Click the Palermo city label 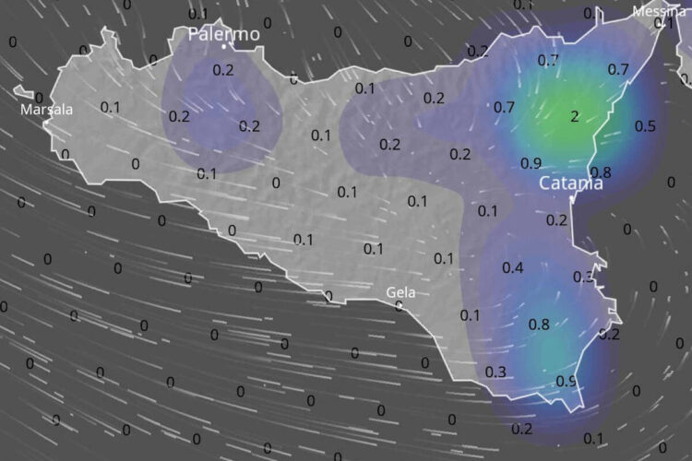(x=223, y=34)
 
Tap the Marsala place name (x=47, y=110)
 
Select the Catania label (x=571, y=183)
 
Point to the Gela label (x=400, y=292)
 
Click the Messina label (x=659, y=11)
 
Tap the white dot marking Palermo (x=234, y=44)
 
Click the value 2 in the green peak (x=575, y=116)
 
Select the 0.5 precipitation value (x=646, y=125)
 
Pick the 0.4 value (x=513, y=267)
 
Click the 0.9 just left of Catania (x=531, y=163)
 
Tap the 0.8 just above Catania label (x=600, y=171)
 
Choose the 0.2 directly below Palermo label (x=223, y=69)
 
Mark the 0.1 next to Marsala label (x=110, y=107)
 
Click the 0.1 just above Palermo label (x=198, y=14)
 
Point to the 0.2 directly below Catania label (x=556, y=219)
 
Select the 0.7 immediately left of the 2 (x=504, y=107)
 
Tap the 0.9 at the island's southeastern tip (x=567, y=381)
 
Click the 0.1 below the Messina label (x=663, y=24)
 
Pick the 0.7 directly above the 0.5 (x=618, y=69)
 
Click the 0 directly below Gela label (x=399, y=306)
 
